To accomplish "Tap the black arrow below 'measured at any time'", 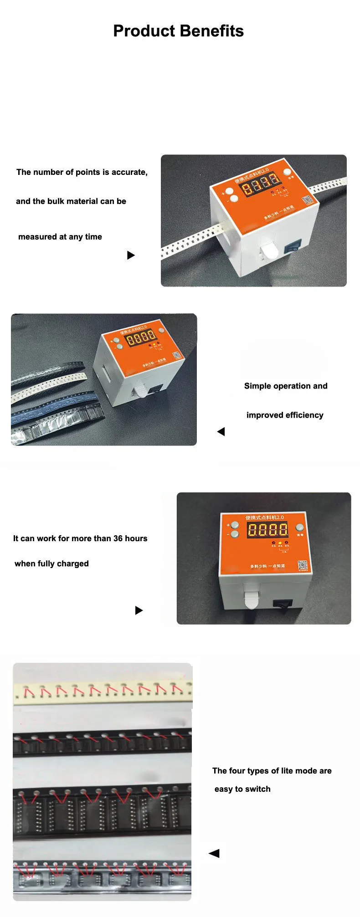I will coord(131,255).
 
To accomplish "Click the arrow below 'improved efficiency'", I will coord(221,431).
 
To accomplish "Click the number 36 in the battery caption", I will coord(118,538).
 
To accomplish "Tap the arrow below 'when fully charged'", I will coord(139,610).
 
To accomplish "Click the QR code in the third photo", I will coord(303,565).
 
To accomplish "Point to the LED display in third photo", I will coord(267,529).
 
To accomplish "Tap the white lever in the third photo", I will coord(251,599).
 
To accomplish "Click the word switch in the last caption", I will coord(258,789).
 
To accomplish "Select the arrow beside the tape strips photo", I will coord(214,853).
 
